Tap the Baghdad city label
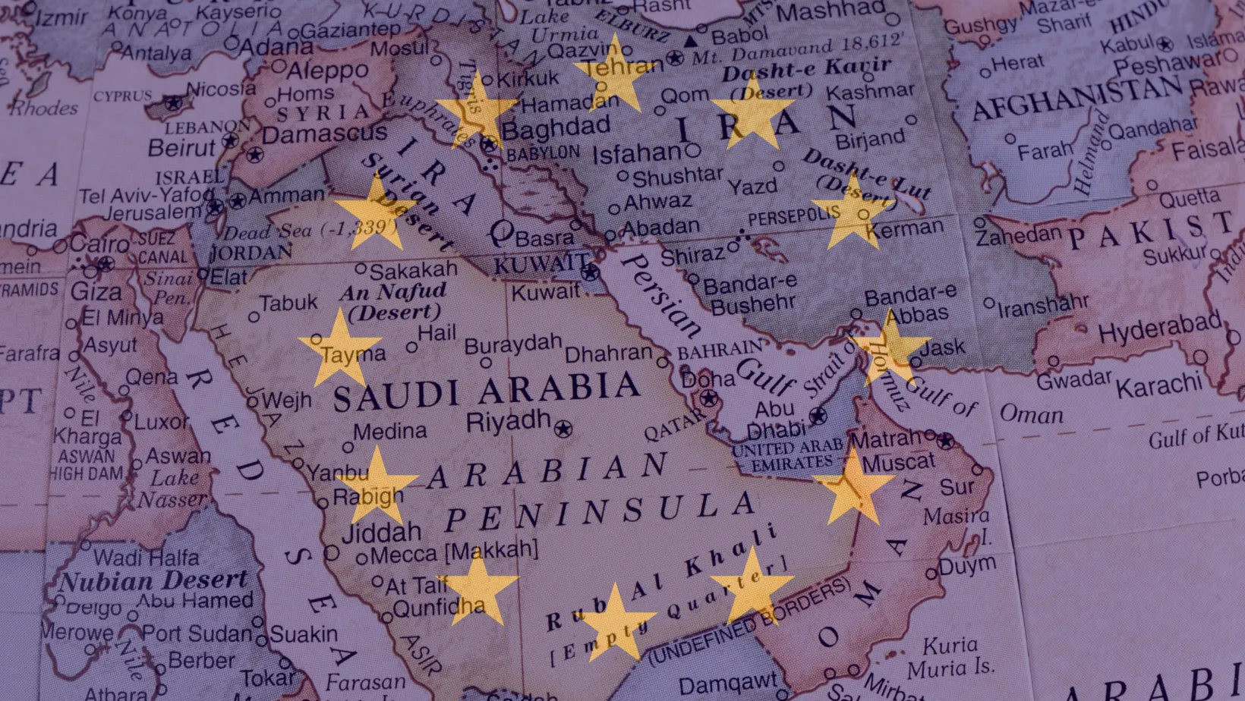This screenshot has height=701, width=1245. pos(556,128)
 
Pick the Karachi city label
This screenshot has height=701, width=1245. pos(1158,386)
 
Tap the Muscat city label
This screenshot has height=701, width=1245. pos(899,462)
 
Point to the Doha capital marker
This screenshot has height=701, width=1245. pos(709,398)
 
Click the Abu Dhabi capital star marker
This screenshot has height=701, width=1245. pos(818,416)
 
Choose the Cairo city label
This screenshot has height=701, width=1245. pos(99,244)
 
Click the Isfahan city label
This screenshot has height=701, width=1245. pos(636,154)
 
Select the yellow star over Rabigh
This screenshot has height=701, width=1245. pos(377,486)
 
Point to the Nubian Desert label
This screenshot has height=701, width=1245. pos(154,581)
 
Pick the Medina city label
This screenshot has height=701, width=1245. pos(389,432)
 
